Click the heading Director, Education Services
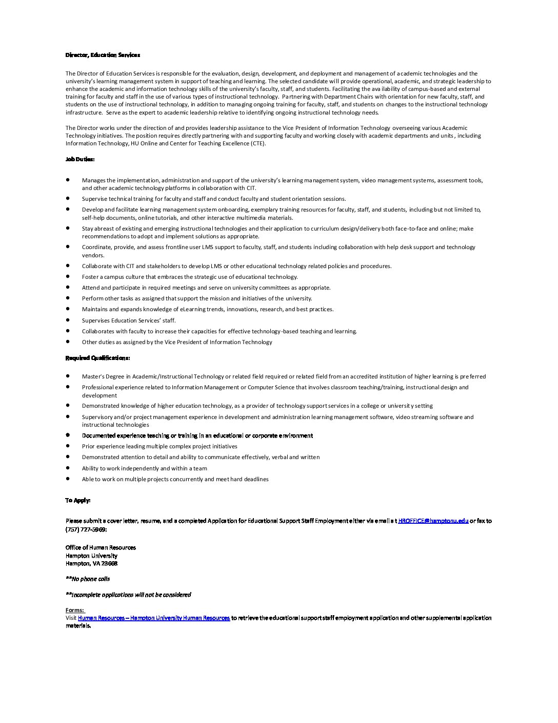click(103, 55)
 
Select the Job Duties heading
click(79, 159)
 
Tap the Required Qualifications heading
click(97, 358)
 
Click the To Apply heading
click(78, 500)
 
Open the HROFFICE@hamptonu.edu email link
click(433, 521)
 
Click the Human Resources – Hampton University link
click(154, 618)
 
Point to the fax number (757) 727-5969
click(86, 529)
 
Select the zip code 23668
click(110, 563)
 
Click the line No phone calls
click(88, 579)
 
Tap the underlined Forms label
click(74, 610)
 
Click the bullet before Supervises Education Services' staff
click(68, 320)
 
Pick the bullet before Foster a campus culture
click(68, 276)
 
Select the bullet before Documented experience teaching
click(68, 435)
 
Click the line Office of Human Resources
click(101, 547)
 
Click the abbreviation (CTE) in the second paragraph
click(258, 143)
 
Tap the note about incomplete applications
click(128, 595)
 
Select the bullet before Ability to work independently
click(68, 468)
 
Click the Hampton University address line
click(91, 556)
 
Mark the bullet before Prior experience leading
click(68, 446)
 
